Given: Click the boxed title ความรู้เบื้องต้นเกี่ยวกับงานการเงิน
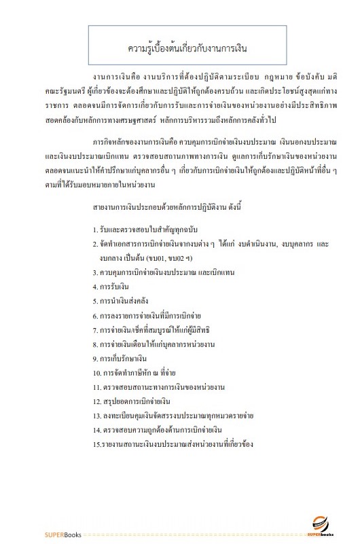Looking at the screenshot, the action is tap(179, 49).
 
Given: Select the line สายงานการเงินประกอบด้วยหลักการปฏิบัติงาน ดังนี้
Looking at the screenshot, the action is tap(160, 204).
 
